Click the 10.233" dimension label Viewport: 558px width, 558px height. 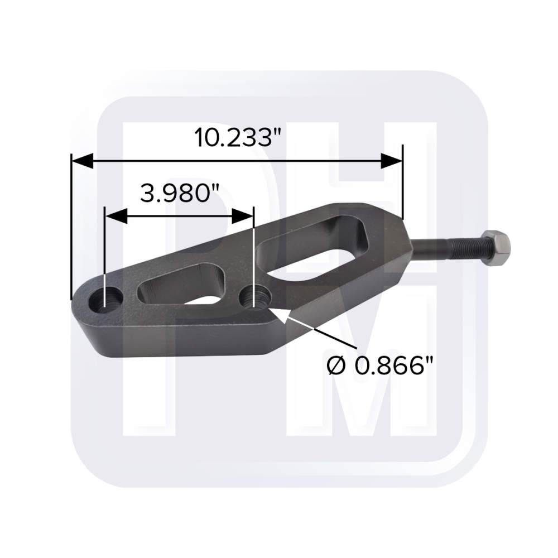pos(238,138)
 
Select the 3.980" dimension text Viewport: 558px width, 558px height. pos(179,194)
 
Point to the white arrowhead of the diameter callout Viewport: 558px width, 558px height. pos(280,315)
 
